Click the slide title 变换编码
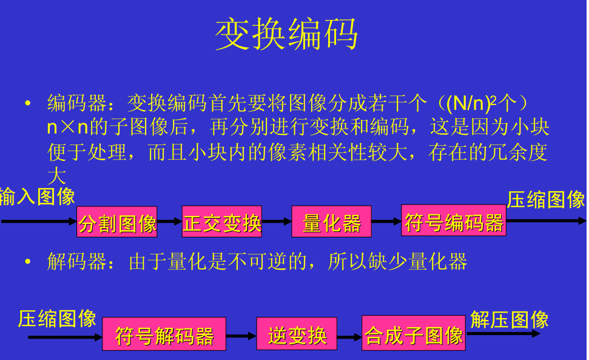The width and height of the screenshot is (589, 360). click(x=286, y=35)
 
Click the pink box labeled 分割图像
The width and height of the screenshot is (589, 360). click(x=117, y=222)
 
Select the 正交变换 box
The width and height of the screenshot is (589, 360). click(x=222, y=222)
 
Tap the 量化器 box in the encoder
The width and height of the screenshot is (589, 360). click(x=331, y=222)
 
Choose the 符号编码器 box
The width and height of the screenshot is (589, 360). click(x=453, y=220)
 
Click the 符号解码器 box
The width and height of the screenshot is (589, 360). click(x=164, y=334)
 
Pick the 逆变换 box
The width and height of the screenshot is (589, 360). click(x=297, y=334)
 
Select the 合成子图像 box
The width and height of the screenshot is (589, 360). click(x=414, y=333)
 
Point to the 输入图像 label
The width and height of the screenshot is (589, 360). click(x=37, y=197)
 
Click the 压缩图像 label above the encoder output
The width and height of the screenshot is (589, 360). click(x=546, y=200)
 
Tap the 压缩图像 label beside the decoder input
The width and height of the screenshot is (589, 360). click(x=57, y=319)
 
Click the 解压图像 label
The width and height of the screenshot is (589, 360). click(x=510, y=320)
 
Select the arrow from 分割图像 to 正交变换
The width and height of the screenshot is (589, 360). click(x=169, y=222)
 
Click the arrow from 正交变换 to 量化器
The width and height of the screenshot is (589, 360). click(x=277, y=222)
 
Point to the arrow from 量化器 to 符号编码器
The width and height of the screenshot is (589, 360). click(x=386, y=222)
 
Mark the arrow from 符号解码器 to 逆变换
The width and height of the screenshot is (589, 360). click(x=241, y=336)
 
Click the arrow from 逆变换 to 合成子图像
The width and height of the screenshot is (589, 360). click(x=349, y=337)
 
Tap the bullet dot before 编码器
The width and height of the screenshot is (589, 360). click(x=27, y=103)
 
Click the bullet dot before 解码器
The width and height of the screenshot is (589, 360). click(x=27, y=261)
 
